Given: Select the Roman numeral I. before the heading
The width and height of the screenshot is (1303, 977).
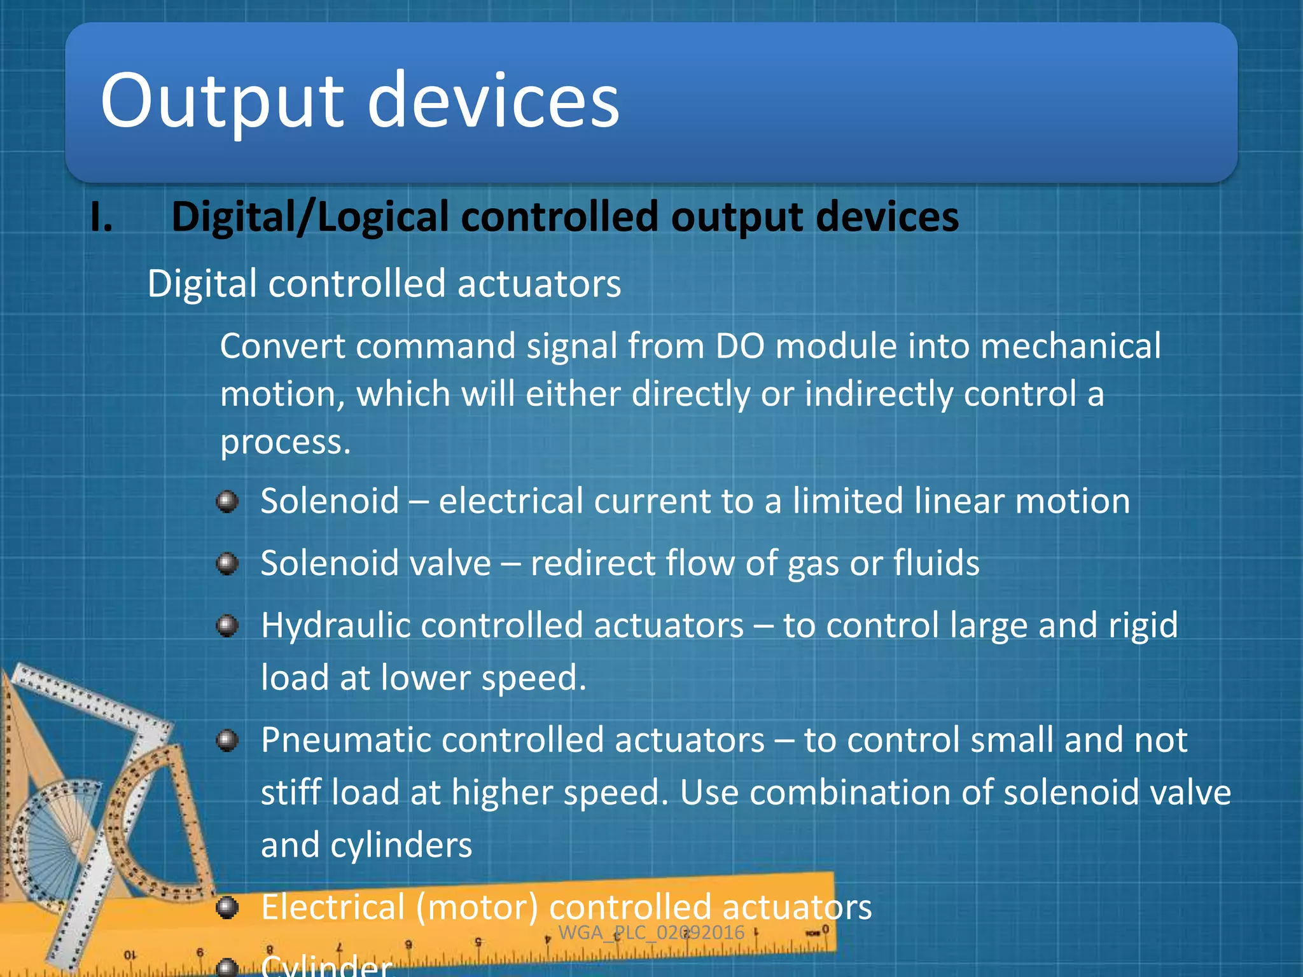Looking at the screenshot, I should pyautogui.click(x=102, y=218).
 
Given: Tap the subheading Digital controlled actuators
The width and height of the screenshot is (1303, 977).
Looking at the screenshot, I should pyautogui.click(x=384, y=284).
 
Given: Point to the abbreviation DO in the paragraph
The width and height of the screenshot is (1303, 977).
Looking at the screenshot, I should pyautogui.click(x=739, y=347).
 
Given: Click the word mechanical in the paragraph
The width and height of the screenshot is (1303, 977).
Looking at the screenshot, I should pyautogui.click(x=1070, y=347).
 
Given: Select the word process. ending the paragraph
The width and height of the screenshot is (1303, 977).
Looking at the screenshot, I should pyautogui.click(x=285, y=442).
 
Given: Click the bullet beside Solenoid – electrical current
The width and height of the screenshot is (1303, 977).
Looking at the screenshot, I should pyautogui.click(x=227, y=502).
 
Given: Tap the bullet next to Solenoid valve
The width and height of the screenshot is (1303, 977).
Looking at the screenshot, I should pyautogui.click(x=227, y=564).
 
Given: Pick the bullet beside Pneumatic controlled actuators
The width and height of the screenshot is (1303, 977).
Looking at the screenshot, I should pyautogui.click(x=227, y=740).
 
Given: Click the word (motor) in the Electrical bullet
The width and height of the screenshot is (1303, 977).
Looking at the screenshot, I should pyautogui.click(x=477, y=907).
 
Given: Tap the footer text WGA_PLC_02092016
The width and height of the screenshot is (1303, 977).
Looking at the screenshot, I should pyautogui.click(x=651, y=932).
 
